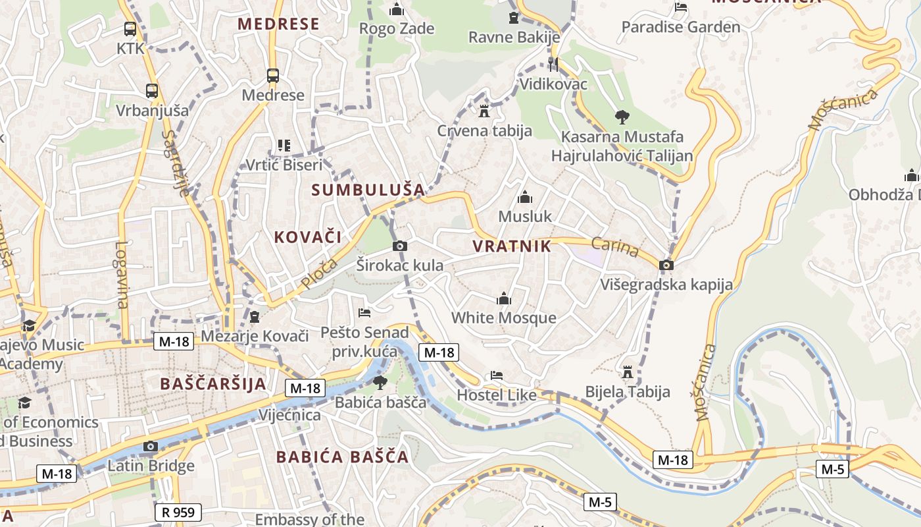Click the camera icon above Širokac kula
[399, 246]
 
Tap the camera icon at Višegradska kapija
[666, 265]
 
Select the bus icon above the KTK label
[130, 29]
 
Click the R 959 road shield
[178, 512]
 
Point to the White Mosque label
[503, 318]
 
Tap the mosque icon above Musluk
[525, 197]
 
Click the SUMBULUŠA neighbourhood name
[368, 190]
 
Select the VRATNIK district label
[511, 246]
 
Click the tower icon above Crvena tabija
[484, 111]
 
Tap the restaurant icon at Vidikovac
[553, 64]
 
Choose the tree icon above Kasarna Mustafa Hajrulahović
[622, 117]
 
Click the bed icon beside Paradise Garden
[681, 7]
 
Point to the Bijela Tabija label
[628, 392]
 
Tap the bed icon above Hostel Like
[497, 375]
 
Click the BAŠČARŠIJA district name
[213, 384]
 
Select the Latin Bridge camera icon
[151, 447]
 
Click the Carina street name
[615, 248]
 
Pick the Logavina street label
[122, 275]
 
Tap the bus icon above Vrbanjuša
[152, 91]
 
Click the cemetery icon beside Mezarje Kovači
[255, 317]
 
